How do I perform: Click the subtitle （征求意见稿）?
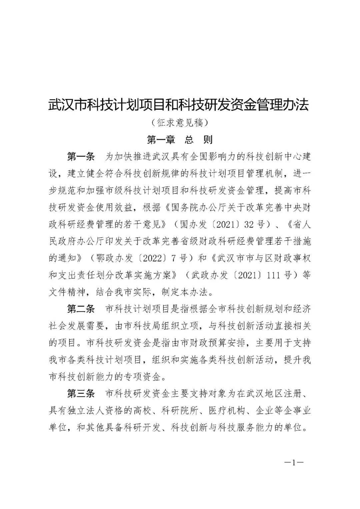[179, 123]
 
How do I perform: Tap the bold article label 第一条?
[81, 157]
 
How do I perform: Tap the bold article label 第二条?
[81, 309]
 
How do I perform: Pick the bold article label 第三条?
[81, 394]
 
